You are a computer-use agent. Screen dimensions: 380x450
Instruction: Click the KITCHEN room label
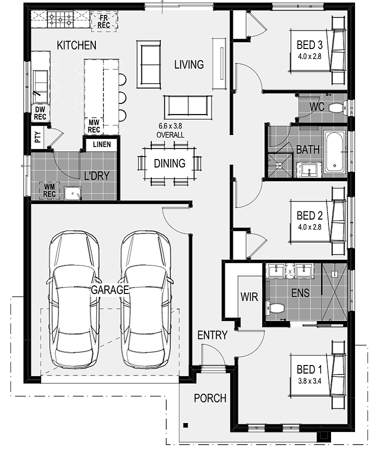tap(76, 45)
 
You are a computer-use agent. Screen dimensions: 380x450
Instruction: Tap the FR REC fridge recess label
tap(104, 21)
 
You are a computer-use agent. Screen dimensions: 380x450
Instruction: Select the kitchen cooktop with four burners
tap(60, 19)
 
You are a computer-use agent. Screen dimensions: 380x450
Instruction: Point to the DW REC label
tap(40, 113)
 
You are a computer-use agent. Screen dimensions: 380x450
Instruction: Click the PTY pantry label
tap(37, 137)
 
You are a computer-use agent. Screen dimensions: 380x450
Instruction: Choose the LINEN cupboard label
tap(102, 144)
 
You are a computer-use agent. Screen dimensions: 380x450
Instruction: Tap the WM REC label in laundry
tap(49, 190)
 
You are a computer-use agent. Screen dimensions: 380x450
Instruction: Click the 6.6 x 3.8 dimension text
tap(170, 126)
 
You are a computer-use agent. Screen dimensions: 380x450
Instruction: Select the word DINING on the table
tap(170, 163)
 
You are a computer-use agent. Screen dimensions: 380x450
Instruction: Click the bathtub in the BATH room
tap(334, 151)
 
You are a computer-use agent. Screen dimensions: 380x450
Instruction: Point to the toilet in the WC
tap(337, 108)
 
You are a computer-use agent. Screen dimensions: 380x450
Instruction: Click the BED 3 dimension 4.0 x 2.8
tap(310, 56)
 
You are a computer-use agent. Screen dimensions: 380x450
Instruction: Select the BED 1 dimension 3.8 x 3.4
tap(310, 381)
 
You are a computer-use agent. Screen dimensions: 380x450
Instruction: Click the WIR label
tap(249, 296)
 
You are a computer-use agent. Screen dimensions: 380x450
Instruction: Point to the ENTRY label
tap(212, 335)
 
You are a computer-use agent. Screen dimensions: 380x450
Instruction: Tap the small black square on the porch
tap(186, 425)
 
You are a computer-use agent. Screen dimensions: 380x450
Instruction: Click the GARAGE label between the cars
tap(110, 290)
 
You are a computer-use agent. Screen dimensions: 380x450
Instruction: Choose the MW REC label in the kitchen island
tap(94, 126)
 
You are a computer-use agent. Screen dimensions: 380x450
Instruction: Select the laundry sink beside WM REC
tap(73, 193)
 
